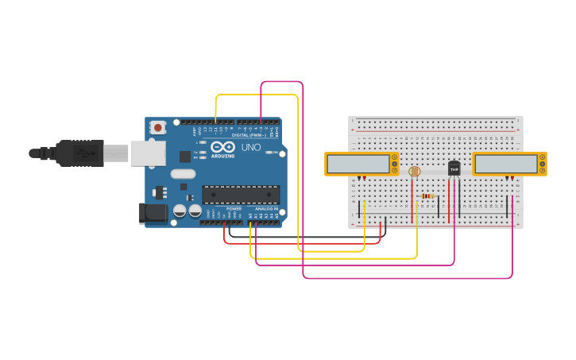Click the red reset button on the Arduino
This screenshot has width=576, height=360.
pos(158,127)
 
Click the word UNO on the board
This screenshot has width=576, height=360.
pos(250,147)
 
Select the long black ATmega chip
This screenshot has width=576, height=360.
pos(241,195)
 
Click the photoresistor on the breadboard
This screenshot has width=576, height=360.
pos(413,171)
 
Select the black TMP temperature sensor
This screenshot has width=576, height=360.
pos(454,168)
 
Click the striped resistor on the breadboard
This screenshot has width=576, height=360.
pos(427,196)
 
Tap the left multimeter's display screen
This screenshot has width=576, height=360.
pos(358,164)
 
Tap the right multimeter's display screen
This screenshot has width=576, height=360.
pos(505,164)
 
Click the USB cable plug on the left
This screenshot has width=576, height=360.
pos(79,153)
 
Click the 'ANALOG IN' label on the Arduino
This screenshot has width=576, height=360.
pos(266,209)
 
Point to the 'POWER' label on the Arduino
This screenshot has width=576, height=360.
pos(234,209)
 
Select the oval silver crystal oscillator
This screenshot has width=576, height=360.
pos(183,174)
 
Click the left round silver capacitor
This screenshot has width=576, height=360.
pos(180,211)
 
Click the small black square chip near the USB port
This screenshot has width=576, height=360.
pos(185,157)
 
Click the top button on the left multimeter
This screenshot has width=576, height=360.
pos(394,157)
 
